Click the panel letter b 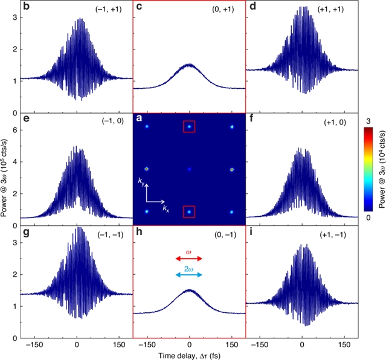26,7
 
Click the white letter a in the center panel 139,119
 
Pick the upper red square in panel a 189,126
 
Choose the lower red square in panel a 189,211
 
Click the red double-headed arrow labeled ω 189,259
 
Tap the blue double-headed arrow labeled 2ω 189,275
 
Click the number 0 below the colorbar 368,216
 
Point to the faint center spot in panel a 189,170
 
